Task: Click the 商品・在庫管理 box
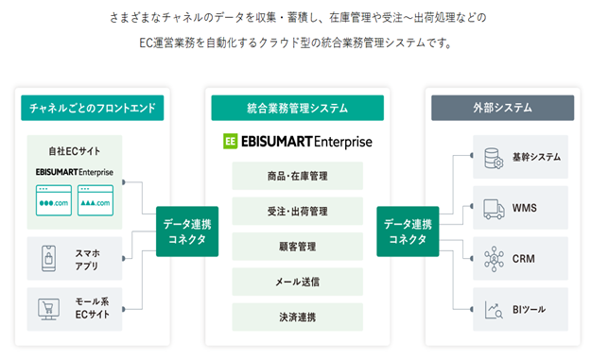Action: pos(297,176)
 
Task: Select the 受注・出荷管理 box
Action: pos(297,212)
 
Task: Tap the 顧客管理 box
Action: pos(297,247)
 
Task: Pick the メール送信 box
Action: pos(297,282)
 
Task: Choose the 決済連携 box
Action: pos(297,317)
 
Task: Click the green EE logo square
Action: pos(231,142)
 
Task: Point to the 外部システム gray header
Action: pos(502,108)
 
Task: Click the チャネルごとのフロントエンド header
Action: pos(93,108)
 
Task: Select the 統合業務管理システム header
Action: pos(297,108)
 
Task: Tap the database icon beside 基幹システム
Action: pos(494,158)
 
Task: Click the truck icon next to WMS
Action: pos(495,209)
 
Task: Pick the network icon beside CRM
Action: pos(494,259)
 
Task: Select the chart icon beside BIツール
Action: pos(494,310)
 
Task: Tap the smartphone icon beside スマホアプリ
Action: pos(48,259)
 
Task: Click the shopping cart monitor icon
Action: pos(48,310)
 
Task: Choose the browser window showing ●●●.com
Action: pos(54,200)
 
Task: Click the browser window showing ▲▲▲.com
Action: pos(96,200)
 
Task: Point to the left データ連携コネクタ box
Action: pos(187,231)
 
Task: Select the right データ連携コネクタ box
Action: pos(408,231)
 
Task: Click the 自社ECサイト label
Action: pos(75,151)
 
